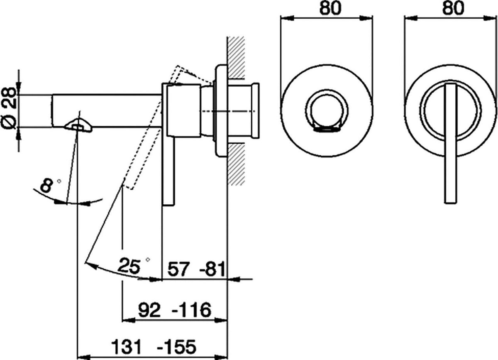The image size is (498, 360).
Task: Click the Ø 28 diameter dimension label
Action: [x=8, y=108]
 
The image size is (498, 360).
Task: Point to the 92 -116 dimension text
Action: [x=175, y=309]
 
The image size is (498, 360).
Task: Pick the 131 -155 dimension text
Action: [x=154, y=346]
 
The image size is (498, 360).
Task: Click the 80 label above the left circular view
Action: [x=330, y=9]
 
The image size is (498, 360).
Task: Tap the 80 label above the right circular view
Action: [x=454, y=9]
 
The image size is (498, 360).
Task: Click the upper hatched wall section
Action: [x=237, y=57]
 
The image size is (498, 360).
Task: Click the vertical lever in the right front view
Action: [x=451, y=144]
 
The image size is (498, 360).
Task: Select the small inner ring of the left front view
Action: [x=327, y=111]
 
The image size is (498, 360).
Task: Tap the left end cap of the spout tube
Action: [x=53, y=111]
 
